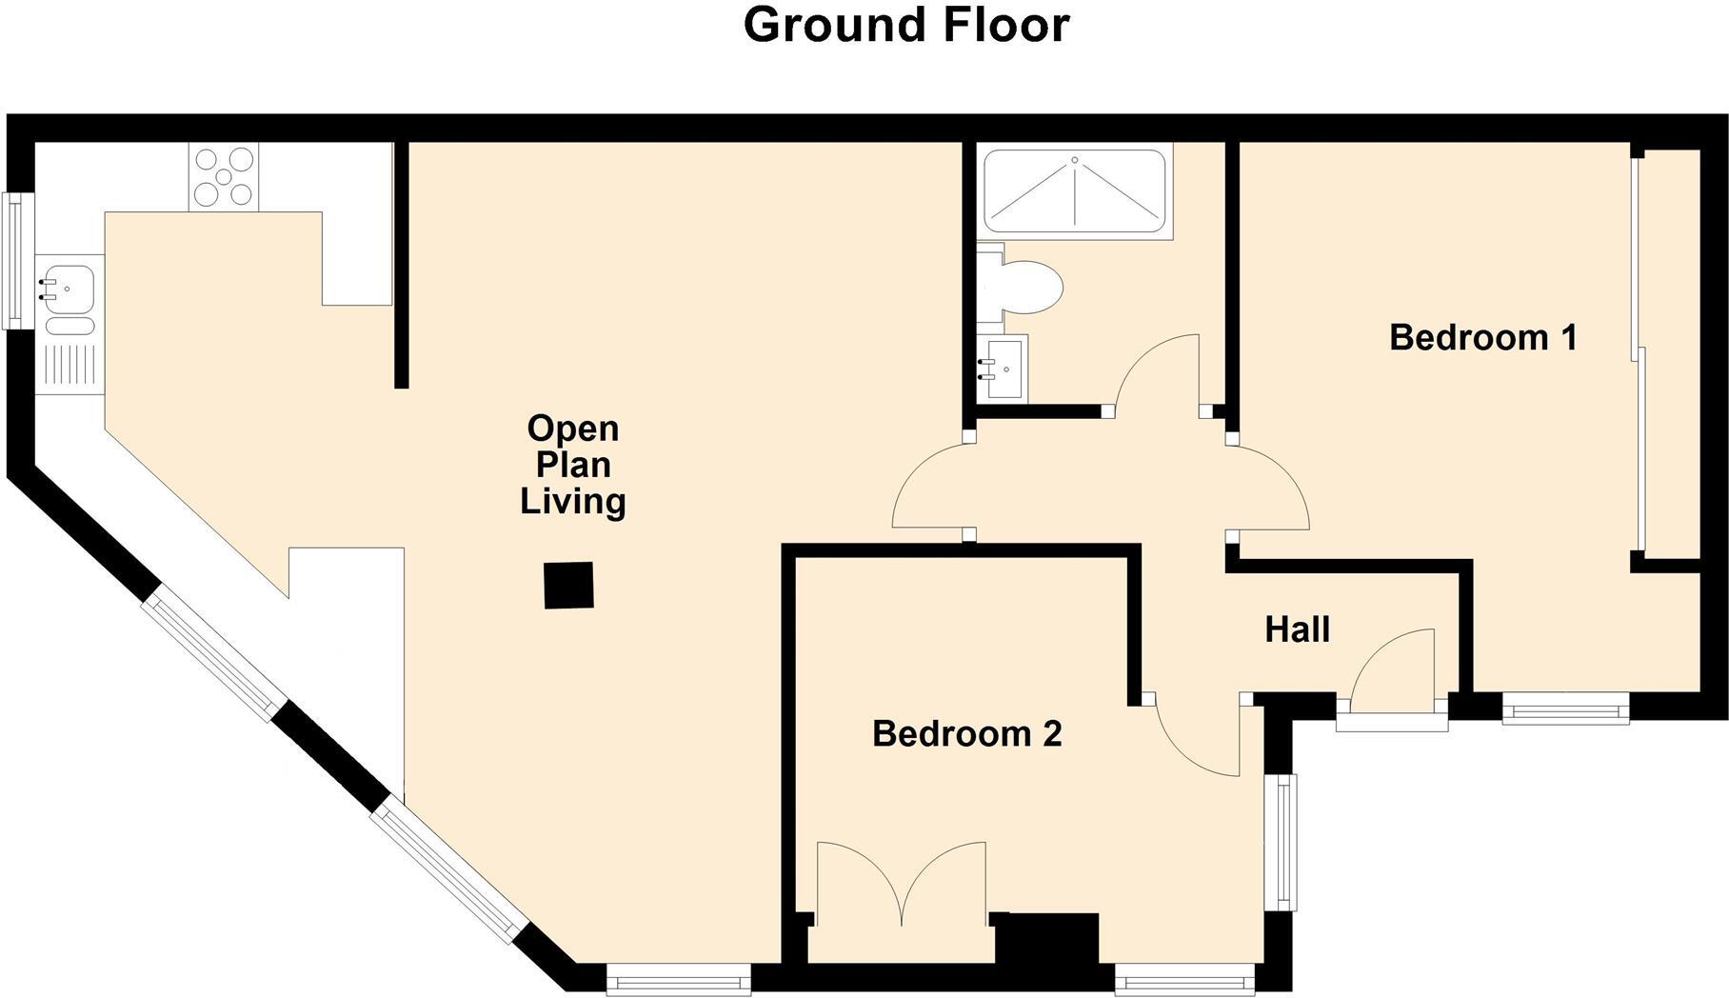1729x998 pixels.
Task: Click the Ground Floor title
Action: pos(905,26)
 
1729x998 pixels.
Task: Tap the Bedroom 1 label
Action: pos(1482,337)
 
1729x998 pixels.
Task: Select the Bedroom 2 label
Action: pos(966,734)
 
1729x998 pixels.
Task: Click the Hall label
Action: pos(1297,629)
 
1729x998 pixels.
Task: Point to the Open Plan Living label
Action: pos(572,465)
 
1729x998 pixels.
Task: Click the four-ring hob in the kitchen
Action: pos(224,176)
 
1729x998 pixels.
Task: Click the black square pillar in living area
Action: pos(569,586)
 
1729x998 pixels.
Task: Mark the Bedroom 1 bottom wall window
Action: pos(1565,709)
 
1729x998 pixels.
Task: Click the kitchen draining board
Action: pos(70,366)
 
